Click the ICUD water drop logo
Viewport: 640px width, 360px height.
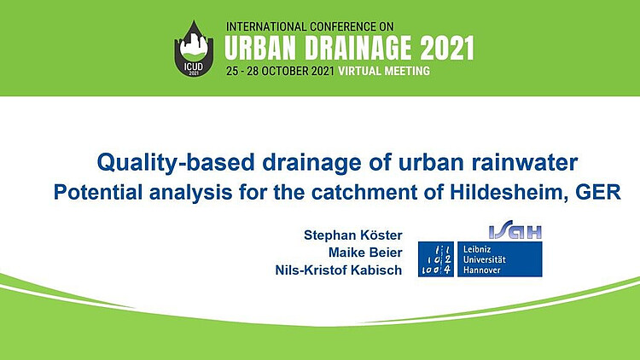click(194, 48)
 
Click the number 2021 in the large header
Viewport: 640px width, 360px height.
click(447, 48)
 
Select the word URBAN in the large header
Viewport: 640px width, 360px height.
click(261, 48)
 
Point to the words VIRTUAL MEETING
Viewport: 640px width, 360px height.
click(384, 71)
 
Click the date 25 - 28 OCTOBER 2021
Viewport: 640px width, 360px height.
click(281, 71)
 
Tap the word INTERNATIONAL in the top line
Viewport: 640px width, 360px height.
click(266, 27)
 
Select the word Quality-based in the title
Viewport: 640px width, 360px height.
click(176, 163)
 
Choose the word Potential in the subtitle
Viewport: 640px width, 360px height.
click(98, 192)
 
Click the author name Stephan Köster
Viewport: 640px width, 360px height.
click(353, 235)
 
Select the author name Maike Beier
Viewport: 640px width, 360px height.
click(365, 253)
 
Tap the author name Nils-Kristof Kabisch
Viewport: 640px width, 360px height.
click(339, 270)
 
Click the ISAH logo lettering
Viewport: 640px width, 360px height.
click(515, 232)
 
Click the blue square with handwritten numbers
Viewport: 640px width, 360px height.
click(436, 259)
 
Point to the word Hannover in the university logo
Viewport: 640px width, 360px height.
click(481, 270)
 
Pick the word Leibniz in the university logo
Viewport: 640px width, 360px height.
click(477, 249)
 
